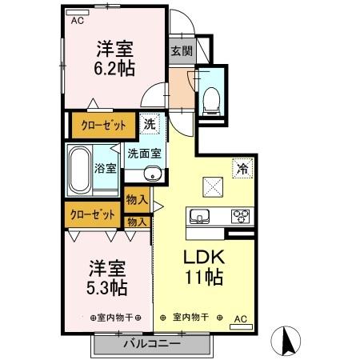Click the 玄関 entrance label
click(181, 51)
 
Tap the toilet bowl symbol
click(211, 97)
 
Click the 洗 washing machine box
click(150, 124)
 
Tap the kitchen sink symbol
click(200, 215)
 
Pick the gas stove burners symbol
click(239, 215)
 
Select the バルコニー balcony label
click(151, 344)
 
